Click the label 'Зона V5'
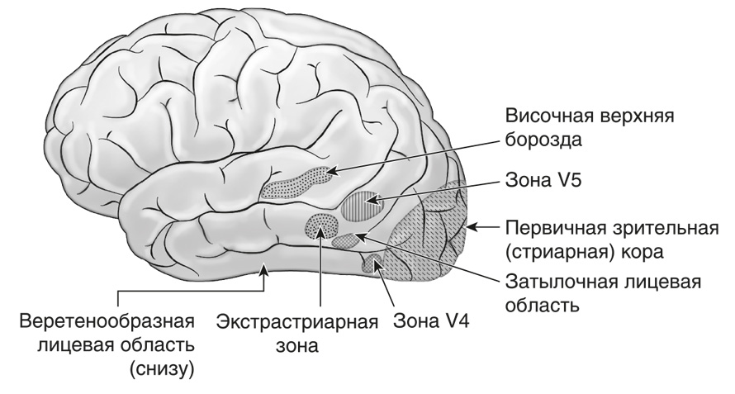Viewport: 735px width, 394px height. point(543,181)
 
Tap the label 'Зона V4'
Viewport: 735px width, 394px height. point(431,322)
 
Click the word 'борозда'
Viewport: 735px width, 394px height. point(543,140)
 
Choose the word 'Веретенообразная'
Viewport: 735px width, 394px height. point(107,322)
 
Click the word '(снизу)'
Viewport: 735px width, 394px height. point(162,370)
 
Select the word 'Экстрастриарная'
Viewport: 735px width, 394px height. point(297,322)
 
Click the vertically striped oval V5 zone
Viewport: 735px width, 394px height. point(359,205)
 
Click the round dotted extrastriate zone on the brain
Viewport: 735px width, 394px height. point(321,226)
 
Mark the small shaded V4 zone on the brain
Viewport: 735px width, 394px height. point(372,263)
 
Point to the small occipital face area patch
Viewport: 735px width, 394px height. point(349,240)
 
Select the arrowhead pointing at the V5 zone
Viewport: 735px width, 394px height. point(371,202)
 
